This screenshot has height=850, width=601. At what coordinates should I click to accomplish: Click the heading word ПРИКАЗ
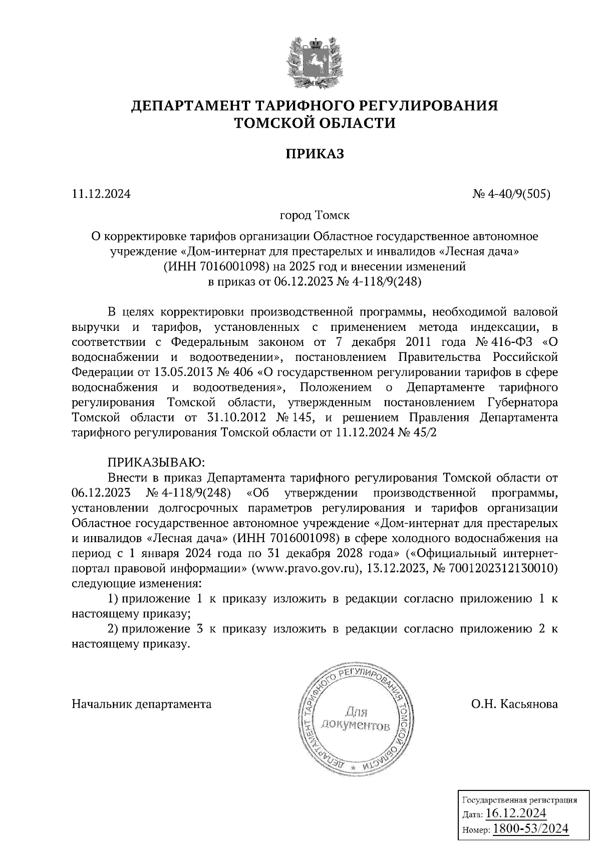coord(315,154)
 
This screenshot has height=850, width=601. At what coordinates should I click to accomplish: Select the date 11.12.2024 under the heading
coord(101,194)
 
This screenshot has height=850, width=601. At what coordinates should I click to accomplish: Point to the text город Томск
coord(315,216)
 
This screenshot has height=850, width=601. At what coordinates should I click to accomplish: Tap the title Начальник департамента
coord(142,704)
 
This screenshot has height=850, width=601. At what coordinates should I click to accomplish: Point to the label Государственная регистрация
coord(518,799)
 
